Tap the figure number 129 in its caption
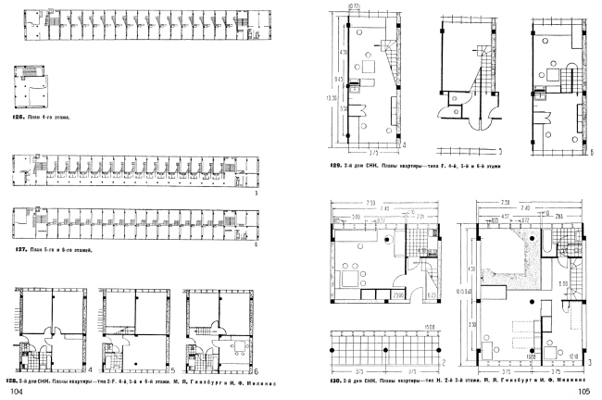coord(334,167)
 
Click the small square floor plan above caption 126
coord(34,87)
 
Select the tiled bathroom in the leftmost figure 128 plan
coord(27,353)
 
